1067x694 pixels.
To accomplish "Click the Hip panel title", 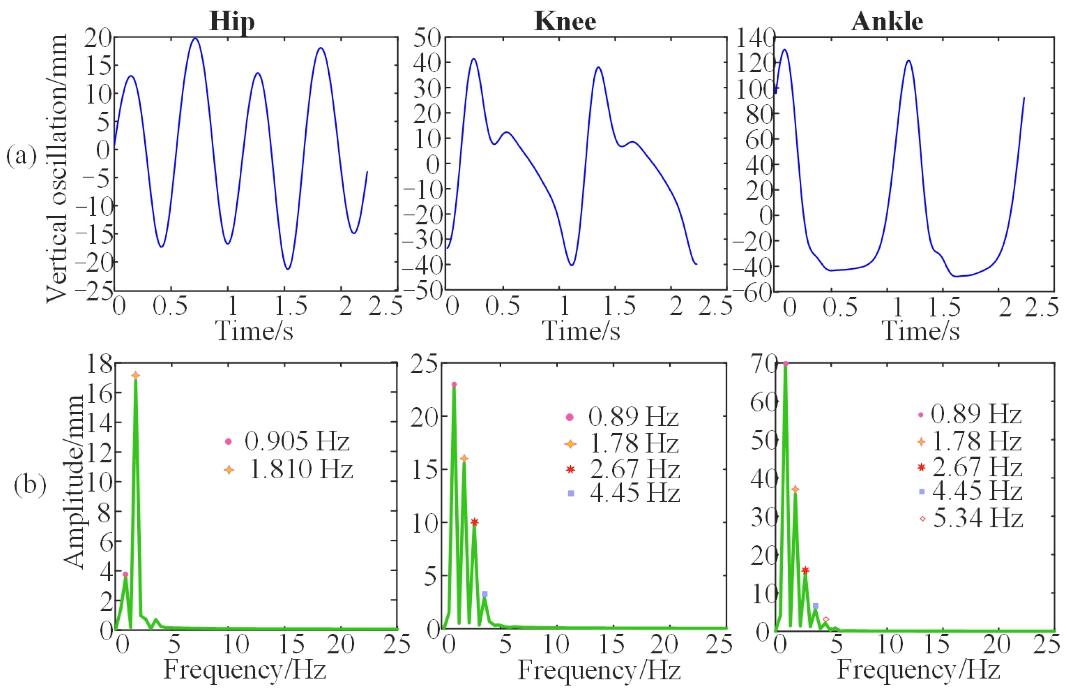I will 232,21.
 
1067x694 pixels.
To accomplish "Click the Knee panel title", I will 565,21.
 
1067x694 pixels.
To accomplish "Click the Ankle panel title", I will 887,21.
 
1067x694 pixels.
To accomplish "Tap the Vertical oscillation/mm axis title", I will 57,168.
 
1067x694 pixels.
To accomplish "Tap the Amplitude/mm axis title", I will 74,482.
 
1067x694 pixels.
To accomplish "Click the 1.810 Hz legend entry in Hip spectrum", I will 300,469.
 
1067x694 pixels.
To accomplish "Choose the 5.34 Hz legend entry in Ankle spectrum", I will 978,518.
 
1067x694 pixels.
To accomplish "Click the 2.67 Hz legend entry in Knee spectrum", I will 634,469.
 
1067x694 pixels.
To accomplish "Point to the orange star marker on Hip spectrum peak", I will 135,375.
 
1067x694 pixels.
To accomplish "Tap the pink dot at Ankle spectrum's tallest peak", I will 785,364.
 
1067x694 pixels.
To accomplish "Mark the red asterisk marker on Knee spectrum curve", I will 475,522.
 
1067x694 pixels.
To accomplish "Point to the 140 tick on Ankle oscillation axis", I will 756,37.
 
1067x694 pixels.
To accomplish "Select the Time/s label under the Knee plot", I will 581,332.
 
